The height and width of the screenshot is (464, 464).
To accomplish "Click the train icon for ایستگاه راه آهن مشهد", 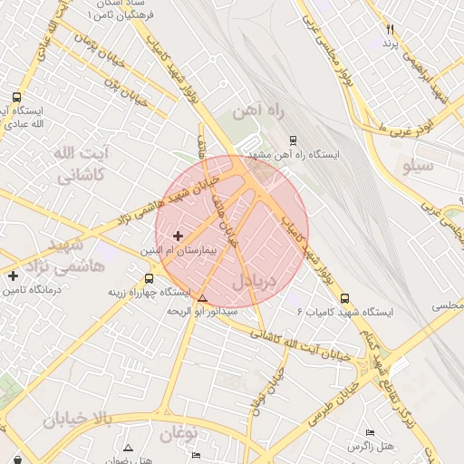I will pyautogui.click(x=293, y=140).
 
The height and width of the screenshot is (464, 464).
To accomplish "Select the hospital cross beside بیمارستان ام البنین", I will pyautogui.click(x=177, y=236).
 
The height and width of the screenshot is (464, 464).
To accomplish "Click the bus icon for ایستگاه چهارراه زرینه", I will pyautogui.click(x=149, y=278).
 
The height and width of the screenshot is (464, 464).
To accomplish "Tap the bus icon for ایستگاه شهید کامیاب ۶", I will pyautogui.click(x=344, y=297).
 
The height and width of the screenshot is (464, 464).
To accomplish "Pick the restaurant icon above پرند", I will pyautogui.click(x=391, y=30).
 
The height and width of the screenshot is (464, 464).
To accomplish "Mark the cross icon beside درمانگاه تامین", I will pyautogui.click(x=13, y=275).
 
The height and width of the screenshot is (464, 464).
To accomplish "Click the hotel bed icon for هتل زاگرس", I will pyautogui.click(x=369, y=433).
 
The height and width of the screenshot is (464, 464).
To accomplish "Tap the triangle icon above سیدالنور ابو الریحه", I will pyautogui.click(x=202, y=298).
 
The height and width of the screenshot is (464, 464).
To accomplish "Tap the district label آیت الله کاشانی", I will pyautogui.click(x=82, y=163).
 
